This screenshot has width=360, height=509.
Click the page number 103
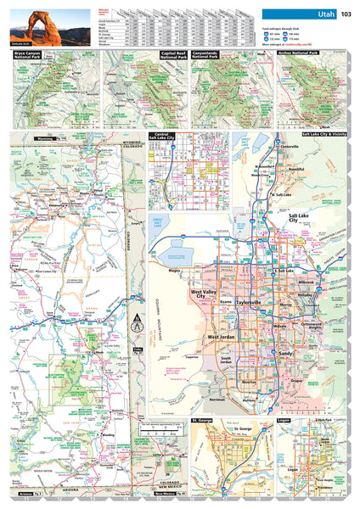(x=346, y=14)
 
